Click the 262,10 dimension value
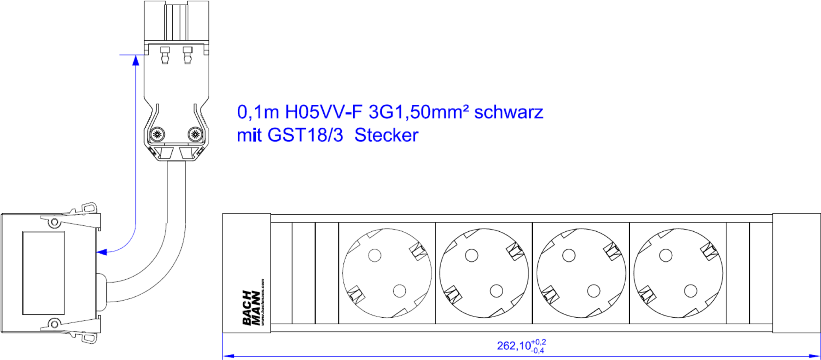tap(513, 345)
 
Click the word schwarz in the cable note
tap(508, 112)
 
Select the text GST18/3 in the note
tap(305, 135)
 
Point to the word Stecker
tap(386, 135)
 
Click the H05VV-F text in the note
tap(324, 112)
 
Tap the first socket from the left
tap(387, 273)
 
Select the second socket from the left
tap(484, 273)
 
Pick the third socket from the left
tap(581, 273)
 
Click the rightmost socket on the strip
tap(678, 273)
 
